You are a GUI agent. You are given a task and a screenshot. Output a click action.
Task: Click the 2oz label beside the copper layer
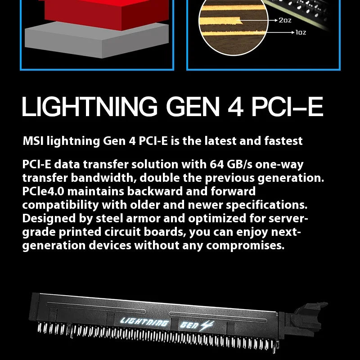tap(285, 20)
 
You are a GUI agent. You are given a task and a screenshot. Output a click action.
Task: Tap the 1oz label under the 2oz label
tap(301, 32)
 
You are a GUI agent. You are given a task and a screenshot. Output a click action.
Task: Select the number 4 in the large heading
tap(235, 107)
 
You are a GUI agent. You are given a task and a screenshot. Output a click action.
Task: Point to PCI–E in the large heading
tap(288, 107)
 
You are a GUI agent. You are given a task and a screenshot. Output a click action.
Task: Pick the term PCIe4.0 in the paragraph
tap(43, 191)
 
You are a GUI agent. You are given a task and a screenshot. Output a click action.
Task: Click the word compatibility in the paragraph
tap(61, 205)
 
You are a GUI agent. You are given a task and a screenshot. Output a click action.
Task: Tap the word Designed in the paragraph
tap(49, 218)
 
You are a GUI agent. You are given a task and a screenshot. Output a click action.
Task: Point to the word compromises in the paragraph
tap(245, 245)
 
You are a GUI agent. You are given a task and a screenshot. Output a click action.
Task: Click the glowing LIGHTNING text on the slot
tap(144, 322)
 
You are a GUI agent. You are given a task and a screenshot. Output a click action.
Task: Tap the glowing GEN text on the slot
tap(189, 325)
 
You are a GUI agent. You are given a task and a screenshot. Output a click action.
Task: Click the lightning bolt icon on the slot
tap(207, 325)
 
